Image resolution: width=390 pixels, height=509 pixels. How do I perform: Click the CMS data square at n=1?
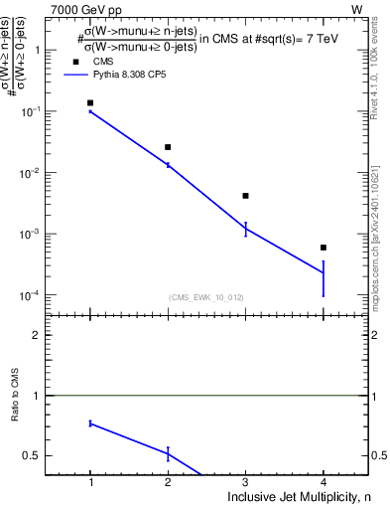coord(90,102)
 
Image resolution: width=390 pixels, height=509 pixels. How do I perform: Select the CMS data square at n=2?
coord(168,147)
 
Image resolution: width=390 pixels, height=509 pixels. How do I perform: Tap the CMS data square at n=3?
coord(245,196)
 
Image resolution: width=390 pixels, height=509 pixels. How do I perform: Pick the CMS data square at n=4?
coord(324,248)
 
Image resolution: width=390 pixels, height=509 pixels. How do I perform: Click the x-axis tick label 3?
coord(245,483)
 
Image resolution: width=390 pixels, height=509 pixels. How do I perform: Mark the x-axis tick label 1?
coord(90,483)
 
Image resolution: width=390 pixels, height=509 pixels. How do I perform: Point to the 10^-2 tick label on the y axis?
coord(38,173)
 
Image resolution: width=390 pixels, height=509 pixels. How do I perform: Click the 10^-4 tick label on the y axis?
coord(38,295)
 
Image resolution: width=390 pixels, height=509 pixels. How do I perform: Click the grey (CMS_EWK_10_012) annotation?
coord(205,297)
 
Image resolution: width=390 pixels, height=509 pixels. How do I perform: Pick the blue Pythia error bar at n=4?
coord(324,278)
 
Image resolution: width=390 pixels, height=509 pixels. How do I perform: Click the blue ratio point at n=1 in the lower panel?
coord(90,424)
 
